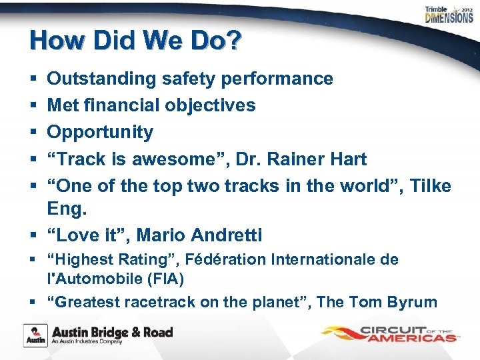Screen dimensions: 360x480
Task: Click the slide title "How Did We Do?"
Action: [x=135, y=41]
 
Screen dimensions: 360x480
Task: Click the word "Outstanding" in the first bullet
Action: [x=101, y=79]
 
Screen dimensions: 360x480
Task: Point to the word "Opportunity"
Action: [x=100, y=132]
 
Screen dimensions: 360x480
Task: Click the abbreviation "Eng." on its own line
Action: [x=67, y=209]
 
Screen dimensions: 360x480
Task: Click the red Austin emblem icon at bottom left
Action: [x=35, y=335]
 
